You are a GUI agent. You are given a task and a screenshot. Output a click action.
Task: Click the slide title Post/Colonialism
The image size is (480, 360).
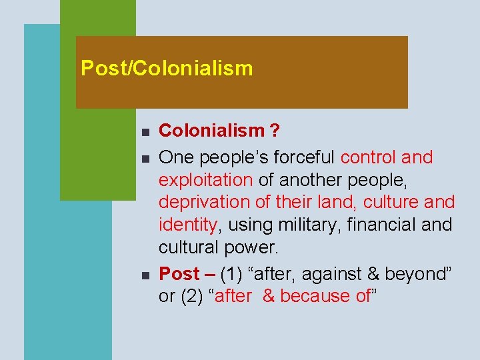click(x=167, y=68)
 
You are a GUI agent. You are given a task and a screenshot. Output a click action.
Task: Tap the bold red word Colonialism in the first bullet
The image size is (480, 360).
click(x=211, y=131)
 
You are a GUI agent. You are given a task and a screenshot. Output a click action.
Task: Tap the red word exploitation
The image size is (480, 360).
click(x=205, y=180)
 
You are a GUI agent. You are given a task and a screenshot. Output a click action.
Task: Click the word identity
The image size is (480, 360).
click(x=188, y=225)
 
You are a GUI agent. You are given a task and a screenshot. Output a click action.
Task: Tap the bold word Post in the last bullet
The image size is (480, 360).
click(x=179, y=273)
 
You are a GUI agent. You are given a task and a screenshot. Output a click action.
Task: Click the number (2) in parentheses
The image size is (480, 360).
click(x=193, y=296)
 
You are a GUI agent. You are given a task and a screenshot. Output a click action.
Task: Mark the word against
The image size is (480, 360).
click(x=333, y=273)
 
